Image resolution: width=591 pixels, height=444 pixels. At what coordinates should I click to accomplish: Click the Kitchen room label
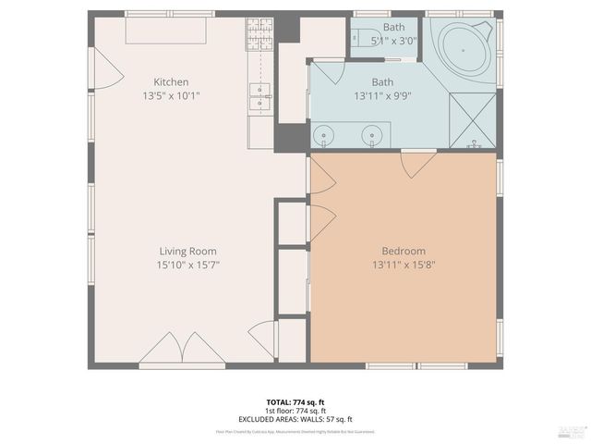(171, 82)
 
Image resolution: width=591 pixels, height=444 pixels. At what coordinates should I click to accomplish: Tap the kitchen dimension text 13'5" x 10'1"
(171, 95)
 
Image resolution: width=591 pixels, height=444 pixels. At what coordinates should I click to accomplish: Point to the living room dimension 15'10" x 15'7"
(187, 265)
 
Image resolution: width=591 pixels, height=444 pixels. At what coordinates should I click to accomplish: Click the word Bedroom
(404, 251)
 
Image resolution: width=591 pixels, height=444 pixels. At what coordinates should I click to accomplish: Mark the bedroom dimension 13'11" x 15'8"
(404, 265)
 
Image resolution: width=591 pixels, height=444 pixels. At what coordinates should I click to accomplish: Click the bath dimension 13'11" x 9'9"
(382, 95)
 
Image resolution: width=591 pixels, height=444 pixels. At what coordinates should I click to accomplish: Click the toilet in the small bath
(357, 38)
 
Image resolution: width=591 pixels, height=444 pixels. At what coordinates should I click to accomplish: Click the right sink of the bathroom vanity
(372, 138)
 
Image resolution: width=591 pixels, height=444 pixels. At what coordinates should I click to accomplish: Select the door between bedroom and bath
(417, 165)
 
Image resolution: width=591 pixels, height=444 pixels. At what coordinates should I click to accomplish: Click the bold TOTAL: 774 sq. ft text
(295, 402)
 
